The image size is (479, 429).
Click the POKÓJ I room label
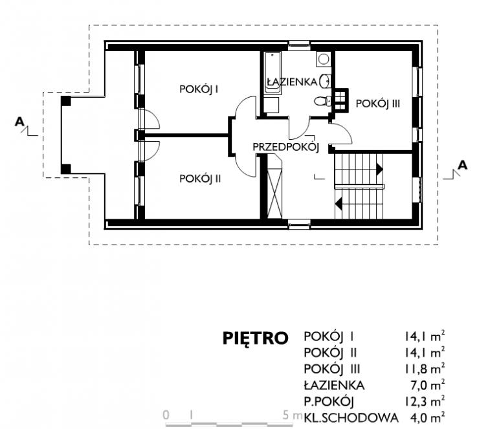pyautogui.click(x=199, y=89)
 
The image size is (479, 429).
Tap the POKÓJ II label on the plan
pyautogui.click(x=200, y=179)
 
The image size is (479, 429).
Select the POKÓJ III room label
pyautogui.click(x=378, y=104)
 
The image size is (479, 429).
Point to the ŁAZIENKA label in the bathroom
pyautogui.click(x=292, y=82)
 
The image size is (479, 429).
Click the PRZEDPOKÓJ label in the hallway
pyautogui.click(x=286, y=147)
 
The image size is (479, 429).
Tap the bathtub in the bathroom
pyautogui.click(x=273, y=73)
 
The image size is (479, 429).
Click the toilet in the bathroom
pyautogui.click(x=322, y=101)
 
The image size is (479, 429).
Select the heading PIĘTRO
pyautogui.click(x=256, y=338)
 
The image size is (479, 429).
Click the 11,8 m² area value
pyautogui.click(x=425, y=369)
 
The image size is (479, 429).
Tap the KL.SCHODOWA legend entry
pyautogui.click(x=351, y=418)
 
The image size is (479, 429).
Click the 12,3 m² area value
pyautogui.click(x=425, y=402)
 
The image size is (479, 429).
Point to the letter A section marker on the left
pyautogui.click(x=19, y=122)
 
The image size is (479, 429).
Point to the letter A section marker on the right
pyautogui.click(x=463, y=165)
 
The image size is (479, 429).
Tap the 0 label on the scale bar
pyautogui.click(x=166, y=415)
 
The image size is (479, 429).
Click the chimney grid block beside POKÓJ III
pyautogui.click(x=340, y=100)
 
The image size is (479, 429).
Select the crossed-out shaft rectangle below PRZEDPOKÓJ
pyautogui.click(x=274, y=186)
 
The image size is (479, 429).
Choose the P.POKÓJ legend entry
pyautogui.click(x=329, y=402)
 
